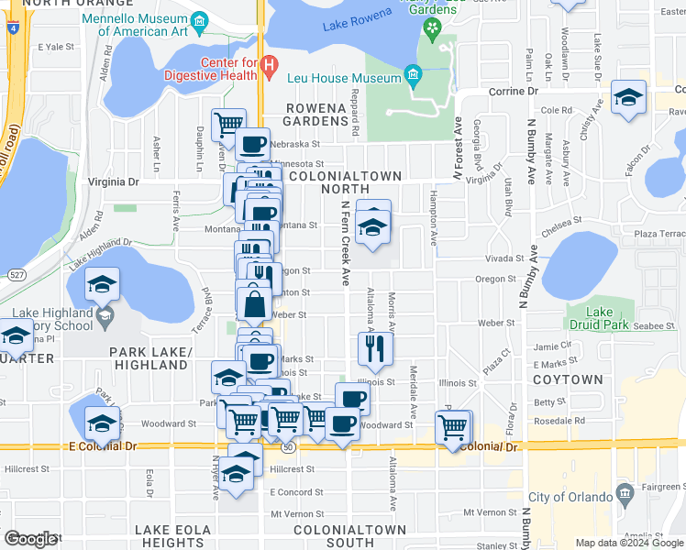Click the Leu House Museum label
[344, 79]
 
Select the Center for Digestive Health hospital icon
[269, 65]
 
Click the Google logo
[29, 539]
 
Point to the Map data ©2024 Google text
[628, 543]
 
